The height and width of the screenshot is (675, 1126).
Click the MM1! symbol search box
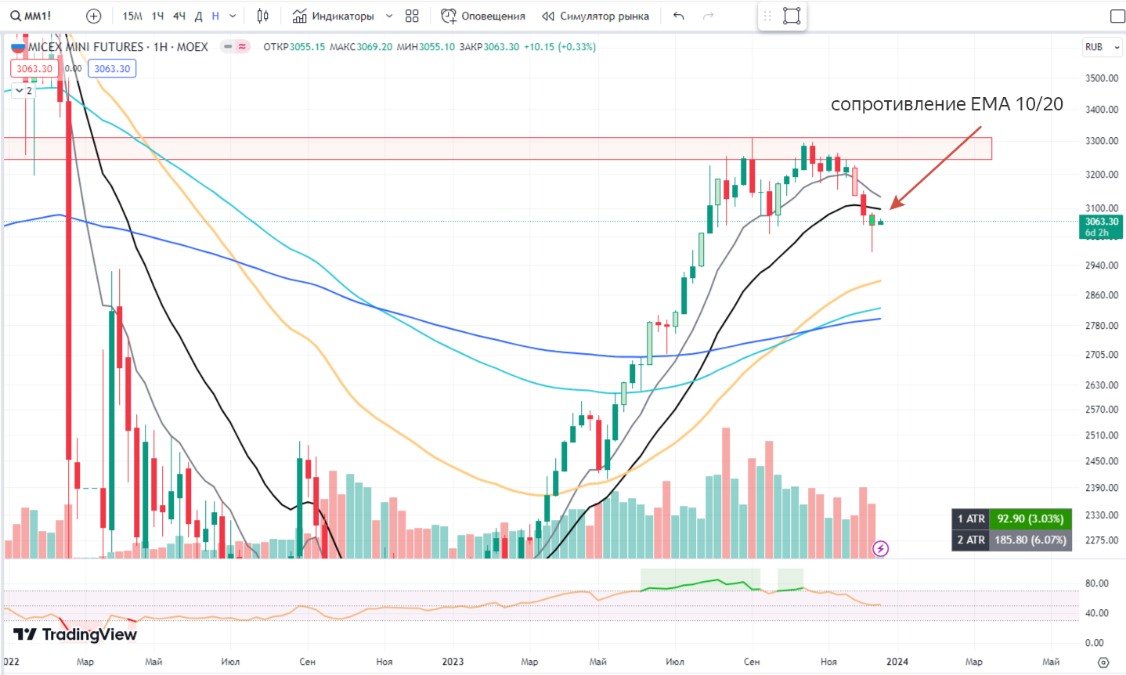click(31, 16)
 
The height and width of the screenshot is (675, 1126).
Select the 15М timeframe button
click(132, 16)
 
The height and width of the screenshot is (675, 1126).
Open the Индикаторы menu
click(334, 16)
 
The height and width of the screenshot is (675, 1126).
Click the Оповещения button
click(483, 16)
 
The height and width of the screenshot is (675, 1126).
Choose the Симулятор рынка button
click(596, 16)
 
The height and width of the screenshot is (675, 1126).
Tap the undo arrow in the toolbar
click(678, 16)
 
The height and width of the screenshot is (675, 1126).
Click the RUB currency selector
click(1102, 47)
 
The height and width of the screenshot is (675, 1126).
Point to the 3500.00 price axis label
click(1102, 78)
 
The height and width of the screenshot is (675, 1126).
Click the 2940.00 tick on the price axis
click(1102, 265)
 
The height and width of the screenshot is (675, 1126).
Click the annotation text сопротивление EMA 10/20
click(947, 104)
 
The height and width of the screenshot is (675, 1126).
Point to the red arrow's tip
click(892, 208)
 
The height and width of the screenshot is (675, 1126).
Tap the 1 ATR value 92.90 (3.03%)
click(1030, 518)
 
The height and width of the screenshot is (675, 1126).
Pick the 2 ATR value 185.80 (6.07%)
click(1030, 540)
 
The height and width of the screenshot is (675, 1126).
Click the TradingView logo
click(75, 634)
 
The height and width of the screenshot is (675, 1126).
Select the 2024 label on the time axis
click(897, 662)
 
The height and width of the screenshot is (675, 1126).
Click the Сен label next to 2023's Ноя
click(752, 662)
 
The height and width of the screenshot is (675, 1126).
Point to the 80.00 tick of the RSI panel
click(1096, 583)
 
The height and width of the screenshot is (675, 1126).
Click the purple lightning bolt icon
click(881, 549)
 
